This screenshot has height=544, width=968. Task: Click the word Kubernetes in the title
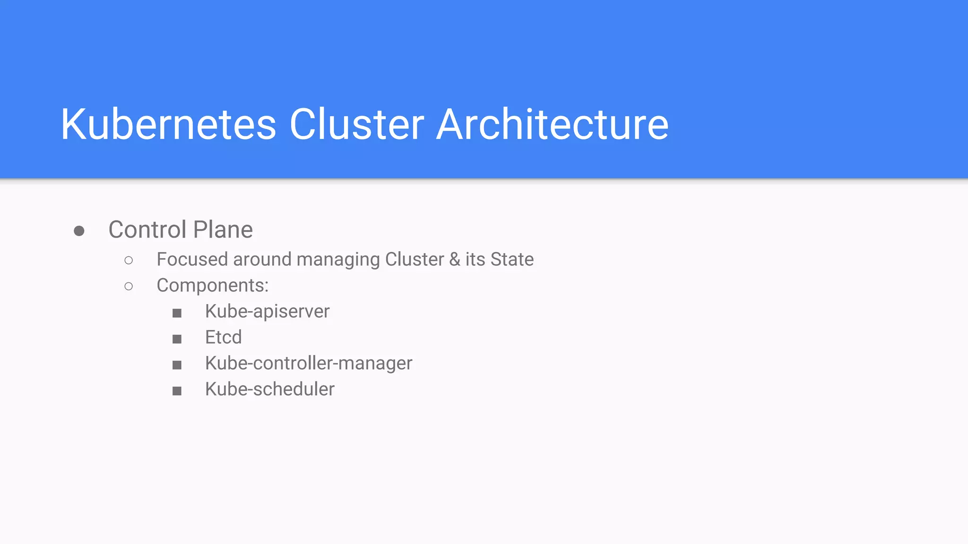[x=168, y=124]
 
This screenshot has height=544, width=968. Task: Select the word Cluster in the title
[x=357, y=124]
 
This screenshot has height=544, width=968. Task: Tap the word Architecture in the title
[x=552, y=124]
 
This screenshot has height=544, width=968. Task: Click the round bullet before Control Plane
[x=79, y=231]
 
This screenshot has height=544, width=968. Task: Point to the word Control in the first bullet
[x=147, y=230]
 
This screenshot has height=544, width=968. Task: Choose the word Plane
[x=223, y=230]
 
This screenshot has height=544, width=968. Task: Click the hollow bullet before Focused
[x=129, y=260]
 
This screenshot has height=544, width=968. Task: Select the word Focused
[x=192, y=259]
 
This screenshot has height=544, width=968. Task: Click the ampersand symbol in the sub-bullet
[x=454, y=259]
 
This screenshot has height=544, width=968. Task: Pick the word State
[x=512, y=259]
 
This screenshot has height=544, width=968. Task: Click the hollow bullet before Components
[x=129, y=286]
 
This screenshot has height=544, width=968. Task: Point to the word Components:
[x=212, y=286]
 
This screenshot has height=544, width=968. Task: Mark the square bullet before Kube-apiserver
[x=177, y=313]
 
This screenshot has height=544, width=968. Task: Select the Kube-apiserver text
[x=267, y=312]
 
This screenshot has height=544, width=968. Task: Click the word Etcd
[x=223, y=337]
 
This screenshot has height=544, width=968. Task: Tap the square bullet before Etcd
[x=177, y=339]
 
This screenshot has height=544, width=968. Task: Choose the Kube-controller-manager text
[x=309, y=363]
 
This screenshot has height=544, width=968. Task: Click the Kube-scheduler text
[x=269, y=389]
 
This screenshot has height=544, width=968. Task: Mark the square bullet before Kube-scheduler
[x=177, y=391]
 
